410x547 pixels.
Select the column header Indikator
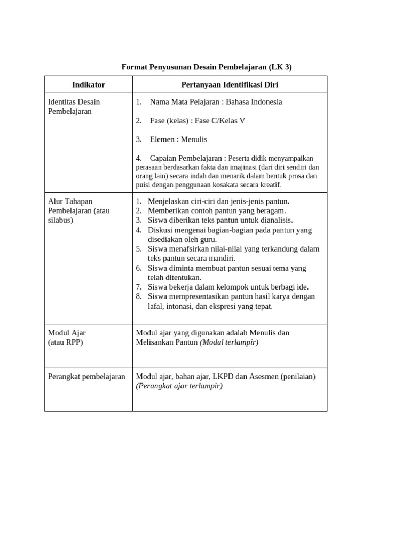[89, 85]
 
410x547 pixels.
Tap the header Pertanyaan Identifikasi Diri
[230, 85]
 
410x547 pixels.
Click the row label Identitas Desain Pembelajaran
[74, 106]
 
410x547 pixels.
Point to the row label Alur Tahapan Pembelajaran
[78, 210]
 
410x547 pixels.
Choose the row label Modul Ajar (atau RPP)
[66, 338]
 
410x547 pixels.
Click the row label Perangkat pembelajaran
[86, 377]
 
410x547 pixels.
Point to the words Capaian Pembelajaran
[185, 158]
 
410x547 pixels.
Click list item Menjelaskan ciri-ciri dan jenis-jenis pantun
[218, 201]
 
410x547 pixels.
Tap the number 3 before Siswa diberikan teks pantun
[138, 220]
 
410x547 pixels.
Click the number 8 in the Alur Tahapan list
[138, 296]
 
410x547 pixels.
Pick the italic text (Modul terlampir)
[229, 342]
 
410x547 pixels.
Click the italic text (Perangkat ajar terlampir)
[179, 386]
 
